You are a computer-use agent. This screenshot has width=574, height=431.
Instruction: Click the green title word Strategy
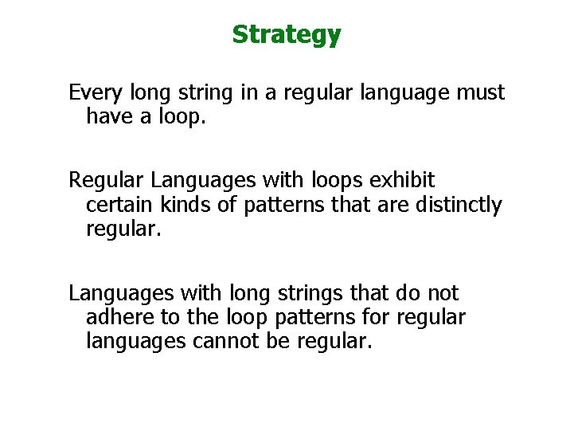(286, 35)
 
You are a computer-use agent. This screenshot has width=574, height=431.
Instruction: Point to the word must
(480, 93)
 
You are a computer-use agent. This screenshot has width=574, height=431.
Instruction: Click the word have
(109, 117)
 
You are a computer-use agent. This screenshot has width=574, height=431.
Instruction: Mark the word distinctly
(459, 205)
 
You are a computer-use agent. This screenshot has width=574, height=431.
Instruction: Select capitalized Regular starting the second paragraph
(104, 181)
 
